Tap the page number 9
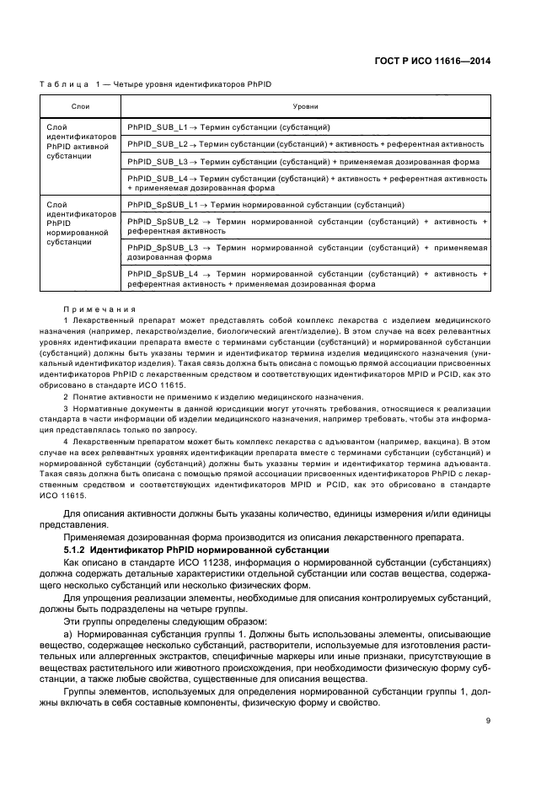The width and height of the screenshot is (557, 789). pyautogui.click(x=488, y=720)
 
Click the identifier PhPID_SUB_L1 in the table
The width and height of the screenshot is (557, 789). pyautogui.click(x=158, y=126)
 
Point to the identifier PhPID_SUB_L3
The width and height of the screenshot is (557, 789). pyautogui.click(x=158, y=161)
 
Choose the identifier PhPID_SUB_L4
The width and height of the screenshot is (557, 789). pyautogui.click(x=158, y=179)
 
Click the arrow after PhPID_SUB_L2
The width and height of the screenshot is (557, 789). pyautogui.click(x=194, y=143)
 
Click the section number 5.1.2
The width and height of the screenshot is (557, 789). pyautogui.click(x=77, y=550)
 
